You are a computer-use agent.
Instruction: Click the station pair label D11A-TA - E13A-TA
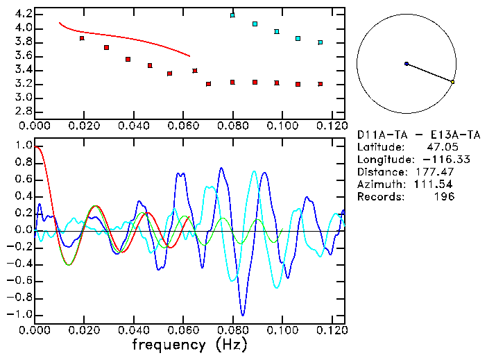point(418,135)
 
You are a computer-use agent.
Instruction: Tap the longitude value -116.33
point(435,160)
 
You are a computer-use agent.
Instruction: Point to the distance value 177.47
point(435,172)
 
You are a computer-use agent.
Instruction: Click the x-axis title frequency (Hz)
point(189,345)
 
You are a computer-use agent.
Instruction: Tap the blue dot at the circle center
point(407,64)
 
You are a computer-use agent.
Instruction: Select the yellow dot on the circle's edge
point(452,82)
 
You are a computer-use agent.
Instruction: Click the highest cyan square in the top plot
point(233,15)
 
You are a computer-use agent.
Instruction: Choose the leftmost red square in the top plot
point(82,38)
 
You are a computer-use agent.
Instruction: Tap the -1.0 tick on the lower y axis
point(20,314)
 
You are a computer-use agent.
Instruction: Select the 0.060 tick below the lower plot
point(182,330)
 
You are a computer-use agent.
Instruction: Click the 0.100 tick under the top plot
point(281,126)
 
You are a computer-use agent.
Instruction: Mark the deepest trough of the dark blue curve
point(242,315)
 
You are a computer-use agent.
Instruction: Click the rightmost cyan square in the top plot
point(320,42)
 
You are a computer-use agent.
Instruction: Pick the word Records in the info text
point(379,197)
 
